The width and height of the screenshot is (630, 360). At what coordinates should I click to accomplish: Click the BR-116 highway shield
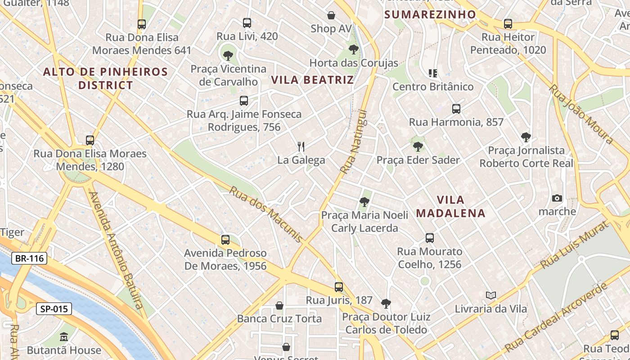click(29, 258)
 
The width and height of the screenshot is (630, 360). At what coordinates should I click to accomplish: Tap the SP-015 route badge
click(54, 309)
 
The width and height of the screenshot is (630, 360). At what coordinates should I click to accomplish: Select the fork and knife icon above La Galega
click(301, 146)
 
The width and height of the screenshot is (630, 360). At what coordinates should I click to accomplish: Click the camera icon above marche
click(557, 198)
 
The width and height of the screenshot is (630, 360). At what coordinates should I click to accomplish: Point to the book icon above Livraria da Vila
click(490, 295)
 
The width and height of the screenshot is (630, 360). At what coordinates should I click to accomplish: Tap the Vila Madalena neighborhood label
click(451, 206)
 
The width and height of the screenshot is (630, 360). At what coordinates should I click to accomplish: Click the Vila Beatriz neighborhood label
click(312, 80)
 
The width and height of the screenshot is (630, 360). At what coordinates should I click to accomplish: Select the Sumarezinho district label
click(430, 14)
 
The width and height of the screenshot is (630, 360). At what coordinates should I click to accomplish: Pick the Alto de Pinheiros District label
click(106, 78)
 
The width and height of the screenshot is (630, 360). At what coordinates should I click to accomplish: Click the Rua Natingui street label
click(354, 142)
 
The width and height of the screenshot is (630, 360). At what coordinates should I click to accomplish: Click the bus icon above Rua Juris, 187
click(339, 287)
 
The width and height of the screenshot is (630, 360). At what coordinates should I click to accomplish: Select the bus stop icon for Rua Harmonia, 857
click(456, 108)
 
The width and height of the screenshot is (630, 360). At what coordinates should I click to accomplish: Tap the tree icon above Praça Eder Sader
click(418, 146)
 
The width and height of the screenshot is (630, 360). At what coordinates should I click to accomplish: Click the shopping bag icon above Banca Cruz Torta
click(279, 306)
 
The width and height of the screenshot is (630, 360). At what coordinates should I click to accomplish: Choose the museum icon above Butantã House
click(63, 337)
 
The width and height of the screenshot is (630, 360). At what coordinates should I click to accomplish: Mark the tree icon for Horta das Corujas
click(354, 49)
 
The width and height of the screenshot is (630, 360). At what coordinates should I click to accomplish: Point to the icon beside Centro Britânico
click(433, 73)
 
